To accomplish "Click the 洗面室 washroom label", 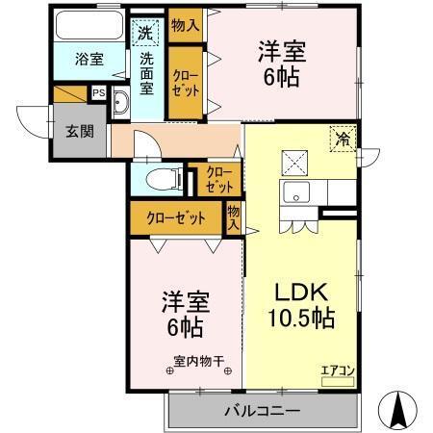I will click(x=147, y=72).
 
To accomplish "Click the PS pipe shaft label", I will click(x=98, y=93).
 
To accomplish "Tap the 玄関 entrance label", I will click(x=80, y=130).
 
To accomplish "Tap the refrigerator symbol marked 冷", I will click(x=342, y=137).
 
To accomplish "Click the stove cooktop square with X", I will click(x=295, y=161).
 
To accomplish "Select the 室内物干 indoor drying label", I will click(x=200, y=364).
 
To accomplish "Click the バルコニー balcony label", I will click(x=263, y=411).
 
